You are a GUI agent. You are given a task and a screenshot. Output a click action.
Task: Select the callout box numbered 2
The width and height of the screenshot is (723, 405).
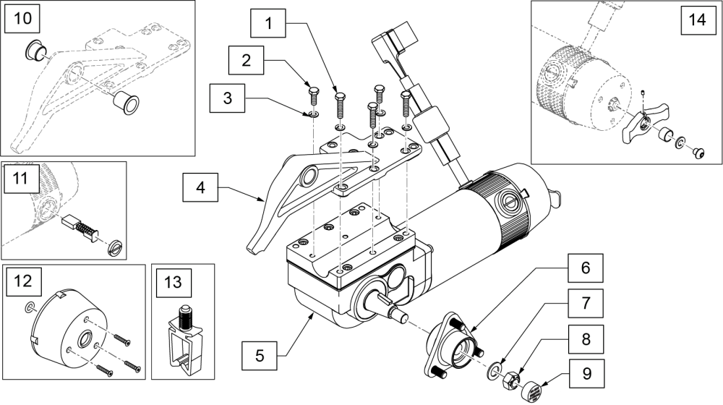click(247, 59)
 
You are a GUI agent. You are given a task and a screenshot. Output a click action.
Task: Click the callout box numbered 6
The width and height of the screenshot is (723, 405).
click(586, 268)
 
